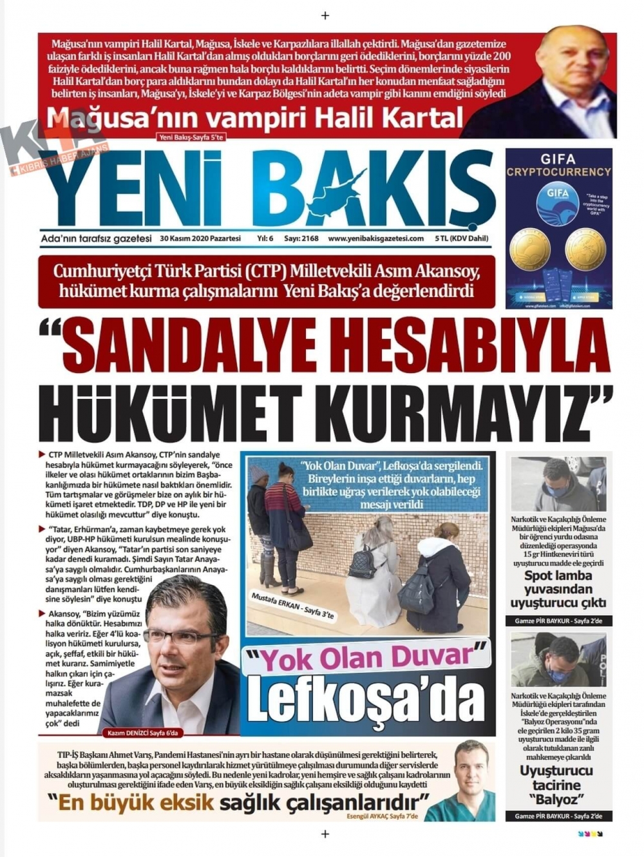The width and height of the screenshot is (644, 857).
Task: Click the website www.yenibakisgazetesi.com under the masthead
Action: pyautogui.click(x=376, y=238)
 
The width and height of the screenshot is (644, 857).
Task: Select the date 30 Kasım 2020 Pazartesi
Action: pyautogui.click(x=200, y=238)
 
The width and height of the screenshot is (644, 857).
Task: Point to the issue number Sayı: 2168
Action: pyautogui.click(x=301, y=238)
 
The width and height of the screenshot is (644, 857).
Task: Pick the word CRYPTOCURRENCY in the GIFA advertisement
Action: pyautogui.click(x=558, y=172)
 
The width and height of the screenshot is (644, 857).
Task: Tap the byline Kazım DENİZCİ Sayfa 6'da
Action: pyautogui.click(x=143, y=733)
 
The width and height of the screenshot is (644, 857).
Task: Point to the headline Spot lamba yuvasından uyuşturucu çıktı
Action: pyautogui.click(x=558, y=590)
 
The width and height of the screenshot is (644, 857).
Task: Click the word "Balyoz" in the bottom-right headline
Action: pyautogui.click(x=558, y=800)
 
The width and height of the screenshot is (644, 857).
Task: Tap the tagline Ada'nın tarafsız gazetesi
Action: pyautogui.click(x=96, y=238)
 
